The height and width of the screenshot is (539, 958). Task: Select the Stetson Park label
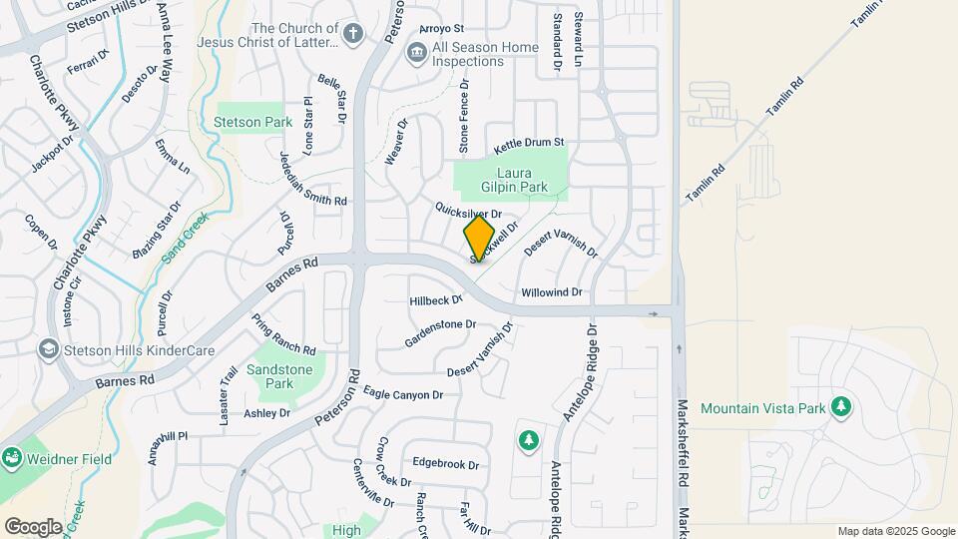[252, 123]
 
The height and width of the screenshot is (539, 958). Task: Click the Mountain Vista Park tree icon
[841, 406]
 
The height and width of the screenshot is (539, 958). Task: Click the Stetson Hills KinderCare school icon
[47, 349]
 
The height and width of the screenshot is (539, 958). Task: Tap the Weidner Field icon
[12, 457]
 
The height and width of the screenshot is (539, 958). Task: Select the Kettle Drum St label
[529, 145]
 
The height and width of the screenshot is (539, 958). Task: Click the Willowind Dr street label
[551, 292]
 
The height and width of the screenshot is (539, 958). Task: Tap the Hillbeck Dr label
[436, 299]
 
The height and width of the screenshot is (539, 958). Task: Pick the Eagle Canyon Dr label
[402, 393]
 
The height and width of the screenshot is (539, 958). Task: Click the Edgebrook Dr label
[445, 464]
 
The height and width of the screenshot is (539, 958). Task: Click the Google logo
[33, 526]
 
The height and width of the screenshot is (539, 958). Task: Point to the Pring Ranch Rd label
[282, 336]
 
